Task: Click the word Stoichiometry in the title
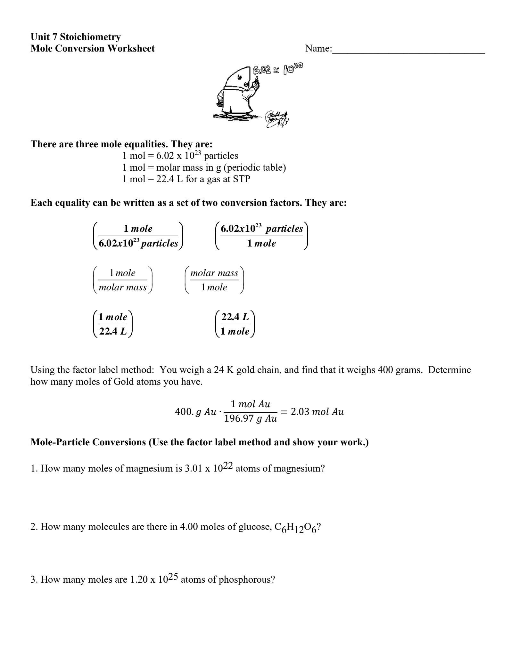pyautogui.click(x=90, y=37)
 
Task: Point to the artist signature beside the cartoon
pyautogui.click(x=276, y=119)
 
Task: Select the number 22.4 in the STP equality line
pyautogui.click(x=165, y=179)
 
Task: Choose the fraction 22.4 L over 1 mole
pyautogui.click(x=235, y=324)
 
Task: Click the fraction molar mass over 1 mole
pyautogui.click(x=214, y=280)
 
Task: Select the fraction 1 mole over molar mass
pyautogui.click(x=123, y=280)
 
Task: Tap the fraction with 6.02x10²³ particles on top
pyautogui.click(x=261, y=236)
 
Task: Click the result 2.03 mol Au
pyautogui.click(x=317, y=412)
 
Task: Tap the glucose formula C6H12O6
pyautogui.click(x=295, y=527)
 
